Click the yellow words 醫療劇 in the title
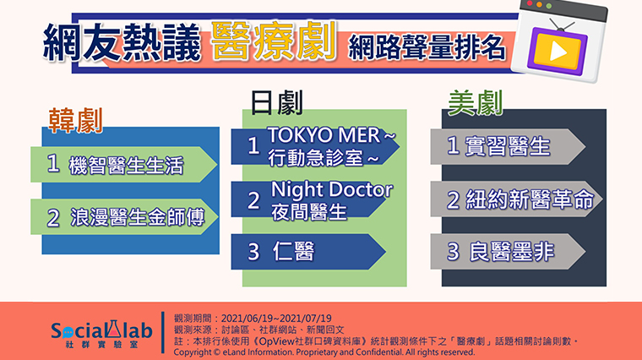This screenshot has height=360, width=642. [275, 41]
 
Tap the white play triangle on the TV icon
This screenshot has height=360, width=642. [558, 52]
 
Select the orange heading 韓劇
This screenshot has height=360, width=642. [75, 120]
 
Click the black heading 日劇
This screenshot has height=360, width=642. [277, 103]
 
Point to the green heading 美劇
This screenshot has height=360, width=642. [475, 103]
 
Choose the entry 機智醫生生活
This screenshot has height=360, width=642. [126, 165]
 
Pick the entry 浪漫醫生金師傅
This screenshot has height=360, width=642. [137, 217]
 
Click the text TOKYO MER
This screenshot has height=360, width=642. [324, 135]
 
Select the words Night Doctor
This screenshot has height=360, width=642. [332, 189]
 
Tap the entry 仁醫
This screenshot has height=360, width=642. [294, 251]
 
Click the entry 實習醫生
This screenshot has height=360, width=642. [508, 146]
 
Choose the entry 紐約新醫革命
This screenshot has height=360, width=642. [530, 199]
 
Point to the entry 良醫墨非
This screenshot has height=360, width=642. [511, 251]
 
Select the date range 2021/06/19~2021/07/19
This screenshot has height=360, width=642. [276, 319]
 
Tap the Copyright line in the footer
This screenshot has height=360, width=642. [324, 352]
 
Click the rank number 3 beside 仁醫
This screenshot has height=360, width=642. [254, 252]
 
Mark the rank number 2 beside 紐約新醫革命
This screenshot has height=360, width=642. [453, 200]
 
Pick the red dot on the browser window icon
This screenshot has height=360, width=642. [530, 3]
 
